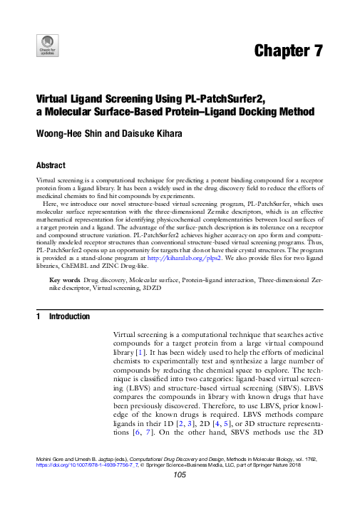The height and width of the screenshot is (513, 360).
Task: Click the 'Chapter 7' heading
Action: [288, 51]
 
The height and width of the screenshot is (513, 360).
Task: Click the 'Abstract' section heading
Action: [53, 163]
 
